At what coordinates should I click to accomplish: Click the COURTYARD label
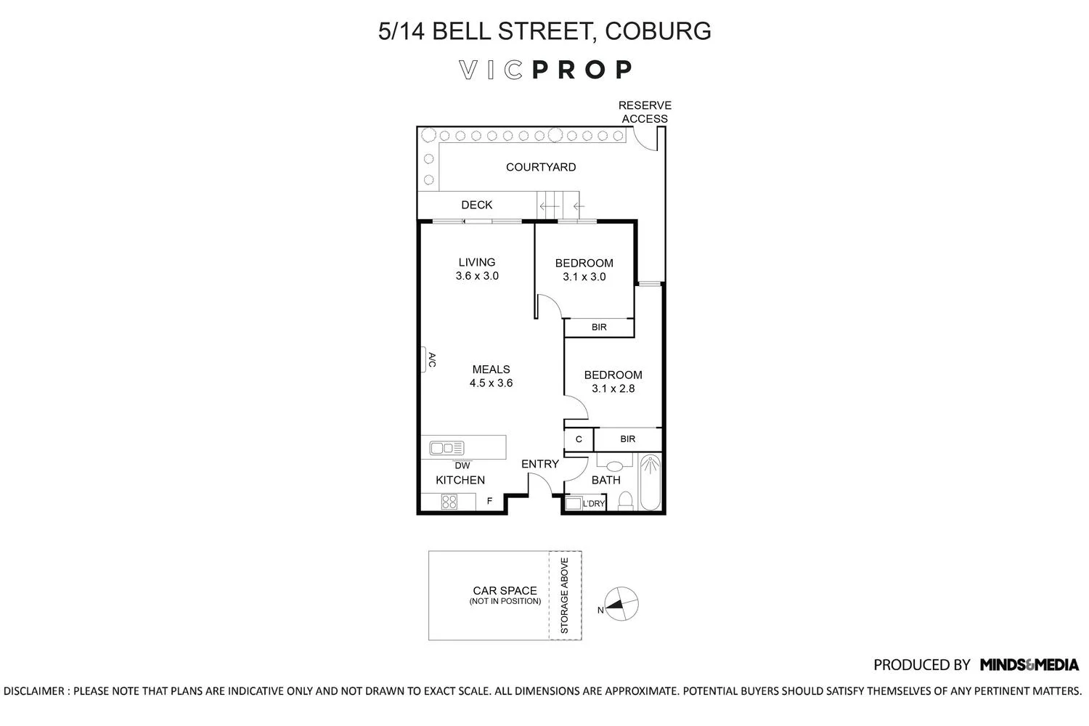pyautogui.click(x=541, y=167)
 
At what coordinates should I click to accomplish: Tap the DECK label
pyautogui.click(x=476, y=205)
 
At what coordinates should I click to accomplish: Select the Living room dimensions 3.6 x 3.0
pyautogui.click(x=477, y=276)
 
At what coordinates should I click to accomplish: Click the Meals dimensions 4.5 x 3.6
pyautogui.click(x=491, y=383)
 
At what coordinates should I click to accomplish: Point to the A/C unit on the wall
pyautogui.click(x=425, y=359)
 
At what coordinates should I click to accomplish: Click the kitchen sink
pyautogui.click(x=446, y=448)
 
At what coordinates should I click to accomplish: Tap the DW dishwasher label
pyautogui.click(x=462, y=465)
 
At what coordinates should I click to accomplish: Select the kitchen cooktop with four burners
pyautogui.click(x=449, y=501)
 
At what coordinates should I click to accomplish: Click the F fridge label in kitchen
pyautogui.click(x=489, y=501)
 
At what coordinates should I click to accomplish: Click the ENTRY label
pyautogui.click(x=540, y=464)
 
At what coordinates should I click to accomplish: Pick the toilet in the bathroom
pyautogui.click(x=625, y=499)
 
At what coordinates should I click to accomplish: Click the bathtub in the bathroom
pyautogui.click(x=650, y=482)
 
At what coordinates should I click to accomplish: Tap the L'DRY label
pyautogui.click(x=593, y=503)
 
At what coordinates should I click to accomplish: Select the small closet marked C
pyautogui.click(x=579, y=439)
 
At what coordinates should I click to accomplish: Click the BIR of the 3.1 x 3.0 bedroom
pyautogui.click(x=599, y=327)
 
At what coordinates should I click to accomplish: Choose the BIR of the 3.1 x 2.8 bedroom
pyautogui.click(x=628, y=439)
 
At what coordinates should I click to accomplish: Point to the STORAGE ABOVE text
pyautogui.click(x=565, y=595)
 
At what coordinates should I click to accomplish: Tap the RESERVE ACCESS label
pyautogui.click(x=645, y=112)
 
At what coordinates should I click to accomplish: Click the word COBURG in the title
pyautogui.click(x=657, y=30)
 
